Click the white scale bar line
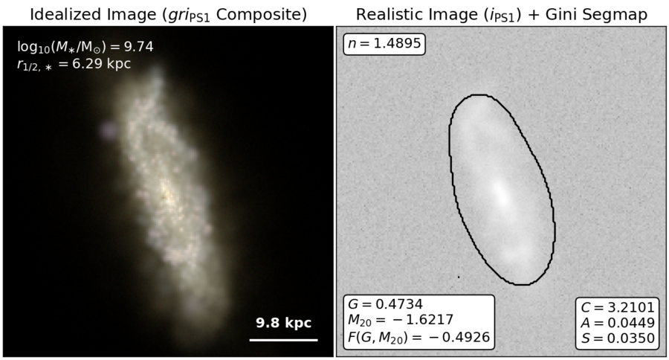284,340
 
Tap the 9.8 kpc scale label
284,323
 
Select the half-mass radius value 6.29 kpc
102,64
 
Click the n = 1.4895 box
384,44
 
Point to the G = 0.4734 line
385,304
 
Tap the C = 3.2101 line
618,307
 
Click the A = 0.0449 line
618,322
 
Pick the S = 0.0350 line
618,338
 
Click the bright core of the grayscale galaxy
502,195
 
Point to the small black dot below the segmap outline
459,277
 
